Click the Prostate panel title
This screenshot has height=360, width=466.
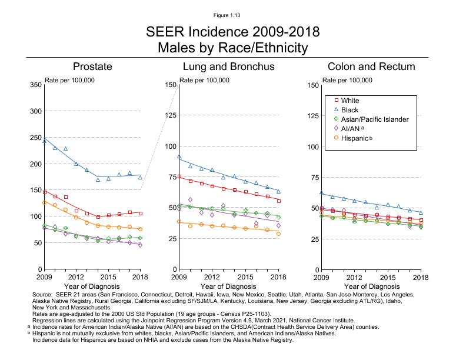click(92, 66)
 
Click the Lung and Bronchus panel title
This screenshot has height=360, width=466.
click(228, 66)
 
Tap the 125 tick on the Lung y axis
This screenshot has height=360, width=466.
click(171, 115)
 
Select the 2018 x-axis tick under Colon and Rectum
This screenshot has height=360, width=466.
click(420, 276)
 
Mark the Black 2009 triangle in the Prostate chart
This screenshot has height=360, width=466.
click(44, 141)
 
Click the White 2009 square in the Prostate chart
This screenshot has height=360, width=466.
click(44, 192)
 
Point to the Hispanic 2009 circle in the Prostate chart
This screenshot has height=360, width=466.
click(44, 202)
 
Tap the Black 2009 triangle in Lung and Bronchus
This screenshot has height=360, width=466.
click(179, 157)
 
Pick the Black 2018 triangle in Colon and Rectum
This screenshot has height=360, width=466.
click(421, 212)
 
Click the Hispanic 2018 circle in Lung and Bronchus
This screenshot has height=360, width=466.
click(278, 234)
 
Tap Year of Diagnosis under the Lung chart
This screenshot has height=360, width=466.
click(229, 285)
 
